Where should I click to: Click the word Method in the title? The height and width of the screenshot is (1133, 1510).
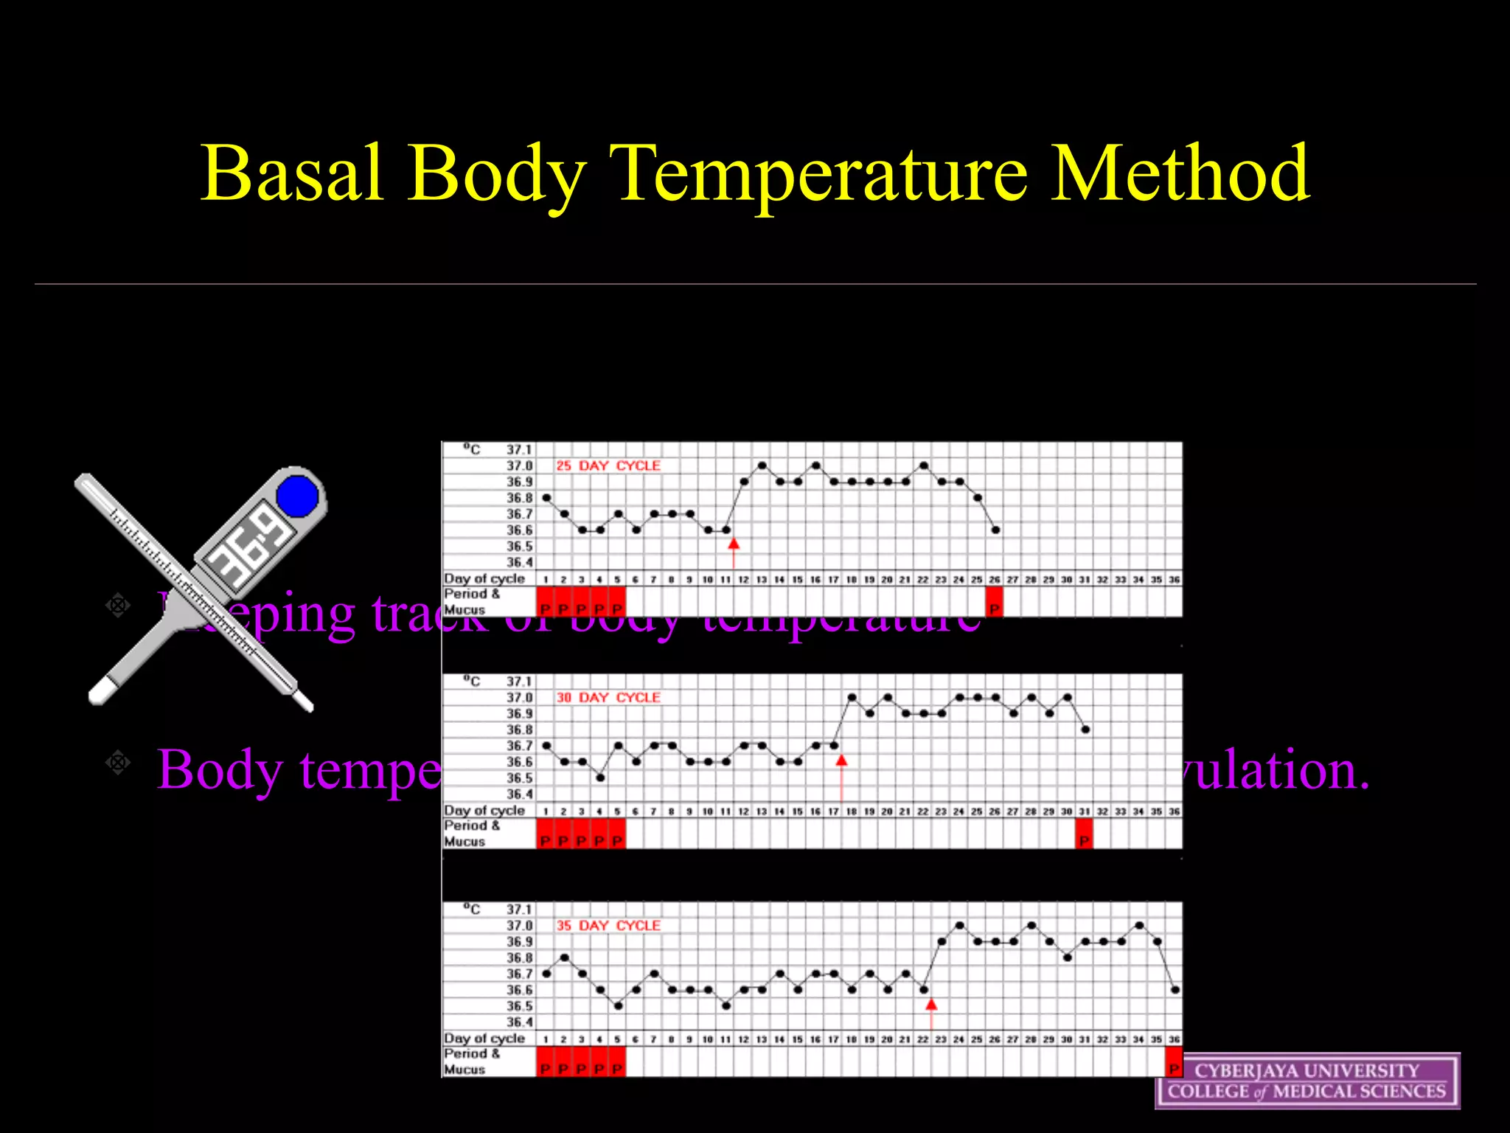tap(1180, 174)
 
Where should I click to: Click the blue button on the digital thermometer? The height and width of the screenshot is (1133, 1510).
tap(298, 496)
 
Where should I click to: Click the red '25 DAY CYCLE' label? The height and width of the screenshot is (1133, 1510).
tap(608, 465)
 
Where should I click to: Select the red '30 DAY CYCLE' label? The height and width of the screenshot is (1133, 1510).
tap(608, 697)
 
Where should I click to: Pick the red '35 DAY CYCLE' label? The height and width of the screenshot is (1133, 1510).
tap(608, 925)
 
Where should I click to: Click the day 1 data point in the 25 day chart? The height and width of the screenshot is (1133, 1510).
tap(546, 498)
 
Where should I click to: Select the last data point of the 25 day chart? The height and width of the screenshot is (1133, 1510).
tap(995, 530)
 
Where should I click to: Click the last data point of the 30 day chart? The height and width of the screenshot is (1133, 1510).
tap(1085, 730)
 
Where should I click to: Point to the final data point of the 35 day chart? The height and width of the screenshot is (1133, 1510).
tap(1175, 990)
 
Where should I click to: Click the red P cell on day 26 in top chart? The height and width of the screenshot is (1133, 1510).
tap(995, 602)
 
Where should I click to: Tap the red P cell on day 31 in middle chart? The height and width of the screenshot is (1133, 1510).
tap(1084, 834)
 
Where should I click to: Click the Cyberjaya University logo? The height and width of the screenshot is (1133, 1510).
tap(1307, 1081)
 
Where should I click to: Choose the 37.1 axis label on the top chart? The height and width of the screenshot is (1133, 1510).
tap(519, 449)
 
